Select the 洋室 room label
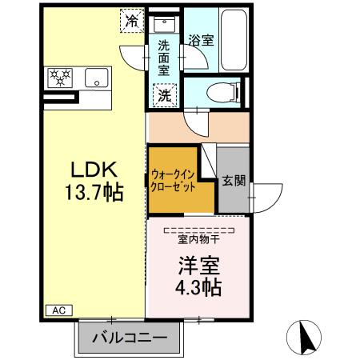tap(198, 265)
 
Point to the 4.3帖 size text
tap(198, 286)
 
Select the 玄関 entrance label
tap(233, 180)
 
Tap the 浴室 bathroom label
tap(201, 40)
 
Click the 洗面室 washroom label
tap(163, 58)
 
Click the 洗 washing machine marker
tap(163, 94)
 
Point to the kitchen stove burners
tap(61, 78)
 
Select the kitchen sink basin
tap(96, 78)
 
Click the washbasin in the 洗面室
tap(164, 22)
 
